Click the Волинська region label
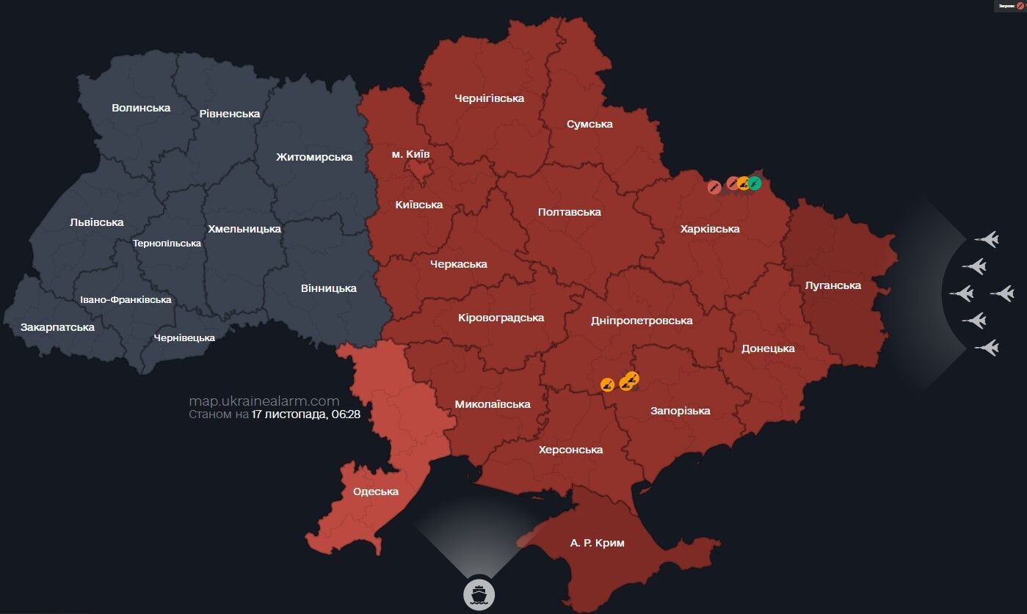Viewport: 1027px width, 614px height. pyautogui.click(x=141, y=108)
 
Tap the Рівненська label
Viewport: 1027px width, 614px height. pyautogui.click(x=229, y=114)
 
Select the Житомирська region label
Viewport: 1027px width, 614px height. pyautogui.click(x=314, y=157)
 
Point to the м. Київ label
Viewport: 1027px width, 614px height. pyautogui.click(x=411, y=154)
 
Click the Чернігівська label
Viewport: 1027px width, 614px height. pyautogui.click(x=489, y=98)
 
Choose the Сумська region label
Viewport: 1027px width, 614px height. pyautogui.click(x=589, y=124)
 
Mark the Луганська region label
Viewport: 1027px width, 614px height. pyautogui.click(x=832, y=285)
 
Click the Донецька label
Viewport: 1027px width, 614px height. pyautogui.click(x=768, y=348)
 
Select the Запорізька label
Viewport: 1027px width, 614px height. pyautogui.click(x=680, y=411)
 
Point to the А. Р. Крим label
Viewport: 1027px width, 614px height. pyautogui.click(x=597, y=544)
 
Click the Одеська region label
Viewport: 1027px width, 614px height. pyautogui.click(x=376, y=491)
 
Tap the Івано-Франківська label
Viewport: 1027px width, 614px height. pyautogui.click(x=126, y=299)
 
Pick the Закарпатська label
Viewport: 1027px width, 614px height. pyautogui.click(x=57, y=327)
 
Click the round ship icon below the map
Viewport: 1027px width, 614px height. pyautogui.click(x=479, y=593)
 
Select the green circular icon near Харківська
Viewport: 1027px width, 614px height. pyautogui.click(x=755, y=183)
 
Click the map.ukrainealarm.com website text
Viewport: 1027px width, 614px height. pyautogui.click(x=264, y=401)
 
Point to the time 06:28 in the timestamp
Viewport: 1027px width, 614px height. pyautogui.click(x=344, y=414)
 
